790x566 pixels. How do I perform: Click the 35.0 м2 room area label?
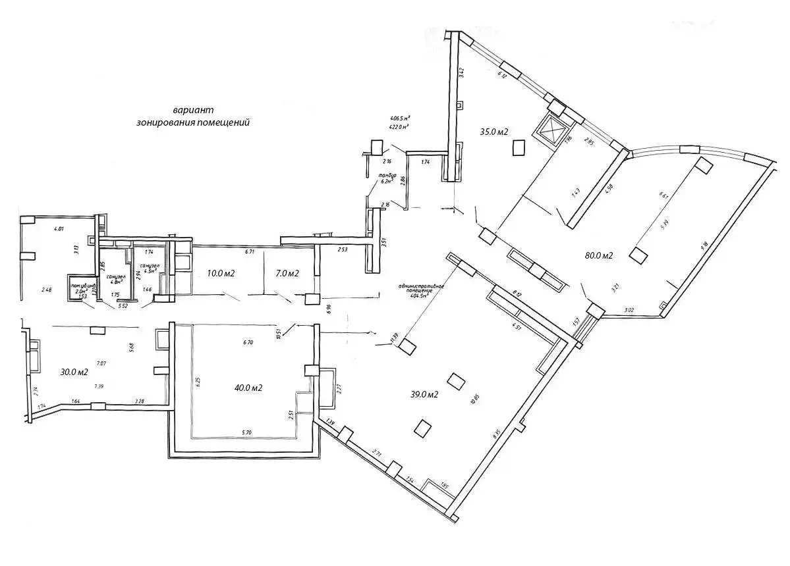point(494,132)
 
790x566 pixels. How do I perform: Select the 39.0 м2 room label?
point(426,395)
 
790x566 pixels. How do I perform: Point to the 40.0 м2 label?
point(250,388)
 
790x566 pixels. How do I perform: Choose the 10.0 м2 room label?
point(221,273)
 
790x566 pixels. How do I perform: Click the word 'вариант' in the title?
point(192,111)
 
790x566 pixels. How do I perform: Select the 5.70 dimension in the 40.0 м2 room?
point(246,432)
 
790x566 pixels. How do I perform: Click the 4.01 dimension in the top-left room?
point(59,229)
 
